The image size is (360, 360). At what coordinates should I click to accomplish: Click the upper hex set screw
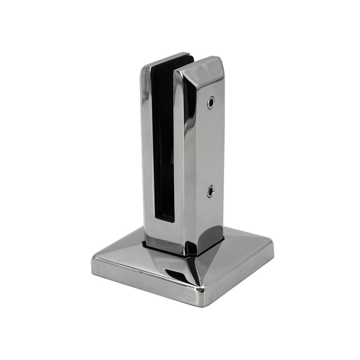(x=211, y=103)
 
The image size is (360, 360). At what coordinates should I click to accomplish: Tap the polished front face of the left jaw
(x=147, y=148)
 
